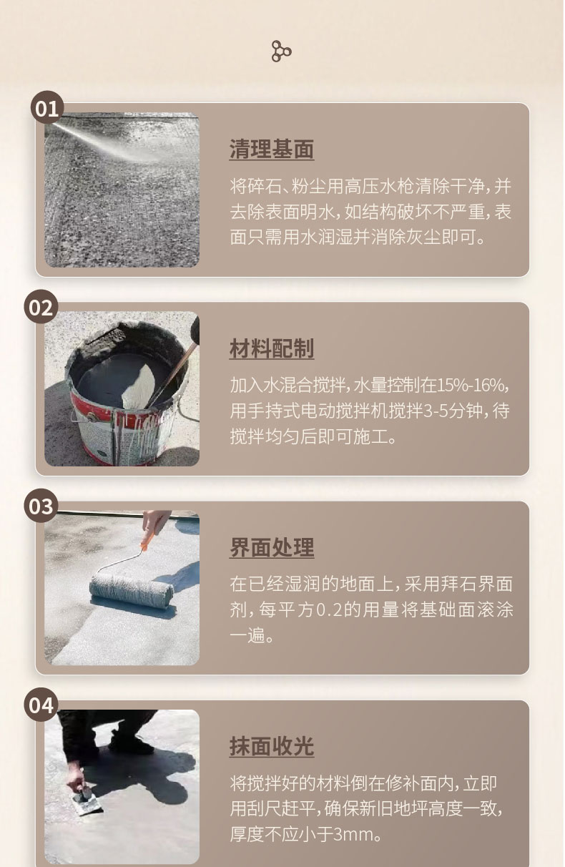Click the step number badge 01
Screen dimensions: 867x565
click(x=46, y=109)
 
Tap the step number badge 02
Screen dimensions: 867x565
click(x=41, y=308)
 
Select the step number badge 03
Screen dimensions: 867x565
click(x=41, y=506)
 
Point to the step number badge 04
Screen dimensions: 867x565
click(x=41, y=705)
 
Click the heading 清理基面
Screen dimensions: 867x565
click(x=272, y=150)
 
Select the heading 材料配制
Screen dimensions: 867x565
click(x=272, y=349)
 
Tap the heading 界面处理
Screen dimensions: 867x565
click(x=272, y=548)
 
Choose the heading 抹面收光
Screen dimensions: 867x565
click(x=272, y=747)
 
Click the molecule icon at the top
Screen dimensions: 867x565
click(x=282, y=51)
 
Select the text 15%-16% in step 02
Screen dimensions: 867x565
click(x=471, y=385)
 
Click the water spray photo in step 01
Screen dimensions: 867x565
click(x=122, y=190)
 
